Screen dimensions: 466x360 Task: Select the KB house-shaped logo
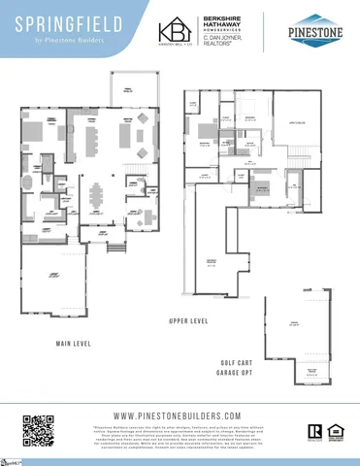(x=175, y=32)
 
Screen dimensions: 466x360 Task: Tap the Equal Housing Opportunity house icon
(x=334, y=431)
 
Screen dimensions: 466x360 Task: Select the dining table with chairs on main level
(x=96, y=197)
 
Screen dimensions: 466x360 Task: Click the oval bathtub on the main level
(x=28, y=183)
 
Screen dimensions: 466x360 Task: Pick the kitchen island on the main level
(x=93, y=142)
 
